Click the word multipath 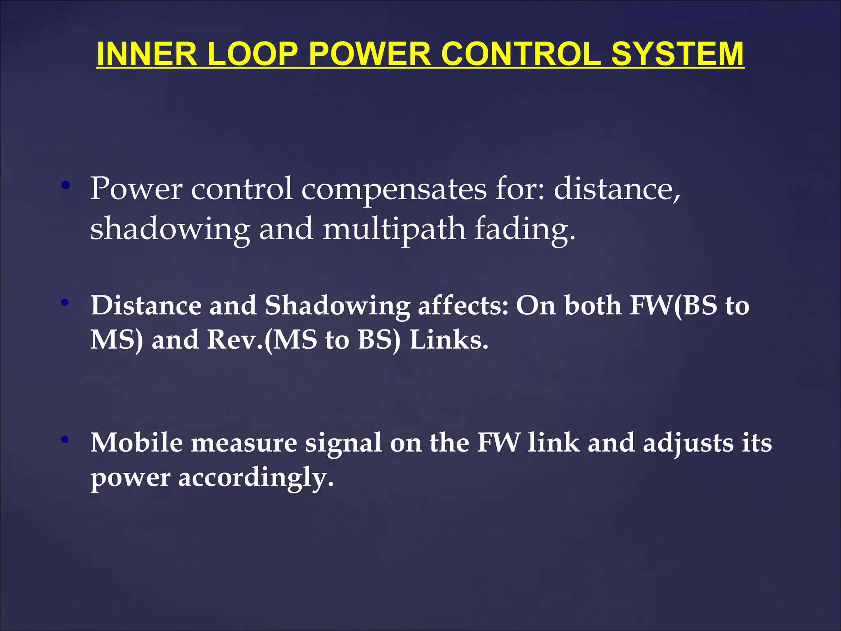[394, 229]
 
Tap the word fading [525, 229]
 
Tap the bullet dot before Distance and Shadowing [65, 303]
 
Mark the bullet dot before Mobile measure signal [65, 440]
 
